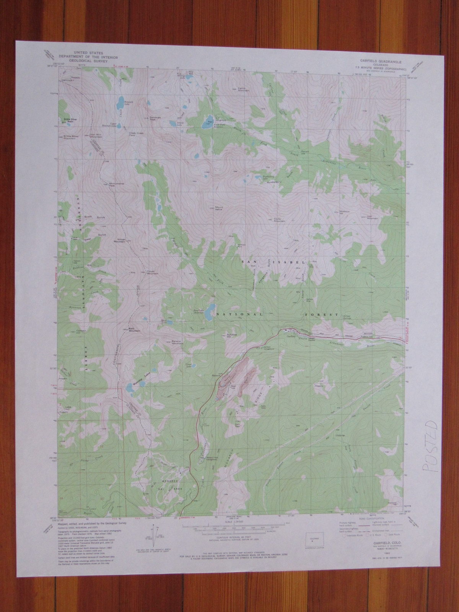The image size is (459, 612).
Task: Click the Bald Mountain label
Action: tap(134, 329)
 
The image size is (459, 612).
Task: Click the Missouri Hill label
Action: tap(344, 212)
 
